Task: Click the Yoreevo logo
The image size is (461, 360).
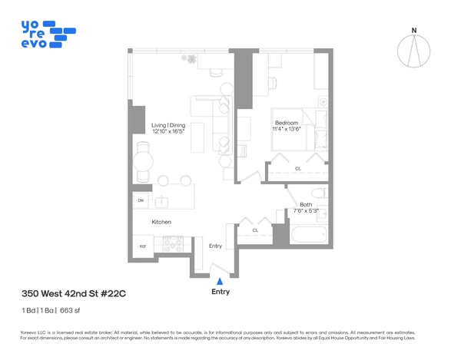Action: point(51,34)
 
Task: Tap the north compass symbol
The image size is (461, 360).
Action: point(413,51)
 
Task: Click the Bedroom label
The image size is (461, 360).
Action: point(287,122)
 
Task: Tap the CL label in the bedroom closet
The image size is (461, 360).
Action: point(297,169)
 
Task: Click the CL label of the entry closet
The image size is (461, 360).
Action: point(255,230)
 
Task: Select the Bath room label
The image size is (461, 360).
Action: point(306,204)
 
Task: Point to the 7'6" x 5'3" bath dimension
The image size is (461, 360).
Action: point(306,211)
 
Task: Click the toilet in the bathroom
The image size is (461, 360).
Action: point(319,193)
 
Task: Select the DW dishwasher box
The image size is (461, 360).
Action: point(141,201)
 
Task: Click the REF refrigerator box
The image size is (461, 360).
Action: point(142,246)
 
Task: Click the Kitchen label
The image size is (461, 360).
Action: point(161,222)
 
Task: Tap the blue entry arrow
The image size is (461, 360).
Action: point(220,282)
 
